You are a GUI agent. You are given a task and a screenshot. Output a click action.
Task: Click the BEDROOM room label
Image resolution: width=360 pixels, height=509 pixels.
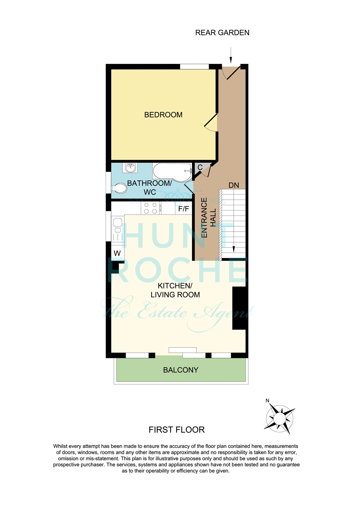pos(163,115)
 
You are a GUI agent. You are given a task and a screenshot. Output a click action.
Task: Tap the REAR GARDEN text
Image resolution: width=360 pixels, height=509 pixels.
pos(222,33)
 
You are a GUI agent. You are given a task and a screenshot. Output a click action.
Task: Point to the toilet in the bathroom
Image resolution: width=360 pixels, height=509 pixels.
pos(119,188)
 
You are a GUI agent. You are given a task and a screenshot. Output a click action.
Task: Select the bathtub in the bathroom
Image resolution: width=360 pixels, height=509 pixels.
pos(172,172)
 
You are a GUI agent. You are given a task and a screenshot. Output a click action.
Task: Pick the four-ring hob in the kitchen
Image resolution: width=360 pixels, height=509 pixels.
pos(150,208)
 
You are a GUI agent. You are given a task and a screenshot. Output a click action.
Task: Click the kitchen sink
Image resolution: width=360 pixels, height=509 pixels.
pos(117,229)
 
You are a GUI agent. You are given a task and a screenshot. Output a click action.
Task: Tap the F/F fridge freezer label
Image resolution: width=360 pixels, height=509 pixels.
pos(184,209)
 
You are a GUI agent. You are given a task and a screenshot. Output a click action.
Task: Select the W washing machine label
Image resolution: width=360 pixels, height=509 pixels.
pos(117,253)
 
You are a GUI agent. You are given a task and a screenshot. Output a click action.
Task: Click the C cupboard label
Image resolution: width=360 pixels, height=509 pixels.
pos(200,167)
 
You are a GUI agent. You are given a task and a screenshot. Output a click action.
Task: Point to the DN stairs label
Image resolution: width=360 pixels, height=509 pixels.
pos(234,185)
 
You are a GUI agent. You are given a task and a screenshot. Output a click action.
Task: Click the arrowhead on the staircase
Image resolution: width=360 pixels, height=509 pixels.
pos(233,249)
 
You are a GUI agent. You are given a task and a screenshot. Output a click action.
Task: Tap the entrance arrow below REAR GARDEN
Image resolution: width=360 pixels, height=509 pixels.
pos(231,55)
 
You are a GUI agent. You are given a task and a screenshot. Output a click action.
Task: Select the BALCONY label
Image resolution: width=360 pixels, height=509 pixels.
pos(180,370)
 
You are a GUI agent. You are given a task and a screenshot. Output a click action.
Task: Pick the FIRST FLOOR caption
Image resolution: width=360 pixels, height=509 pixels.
pos(177,430)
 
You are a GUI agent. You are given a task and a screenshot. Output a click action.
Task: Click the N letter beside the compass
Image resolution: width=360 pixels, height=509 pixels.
pos(267,401)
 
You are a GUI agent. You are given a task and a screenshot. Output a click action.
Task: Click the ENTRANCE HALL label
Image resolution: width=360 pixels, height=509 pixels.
pos(208,218)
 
